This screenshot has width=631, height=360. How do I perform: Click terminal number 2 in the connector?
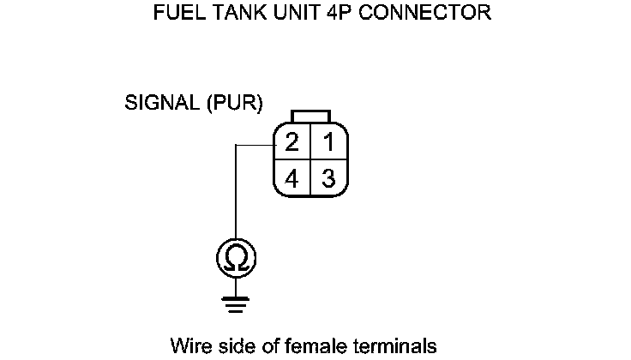coord(291,141)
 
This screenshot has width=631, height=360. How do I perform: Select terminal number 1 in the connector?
coord(328,141)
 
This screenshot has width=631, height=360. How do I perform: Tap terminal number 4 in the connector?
coord(291,178)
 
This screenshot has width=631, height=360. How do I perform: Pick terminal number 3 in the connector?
coord(328,178)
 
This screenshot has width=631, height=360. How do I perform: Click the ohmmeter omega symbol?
coord(236,258)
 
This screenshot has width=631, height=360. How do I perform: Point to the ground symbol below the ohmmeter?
coord(236,302)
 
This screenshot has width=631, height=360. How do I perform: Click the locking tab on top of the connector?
coord(309,117)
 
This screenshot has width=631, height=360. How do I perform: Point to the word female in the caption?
coord(313,346)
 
